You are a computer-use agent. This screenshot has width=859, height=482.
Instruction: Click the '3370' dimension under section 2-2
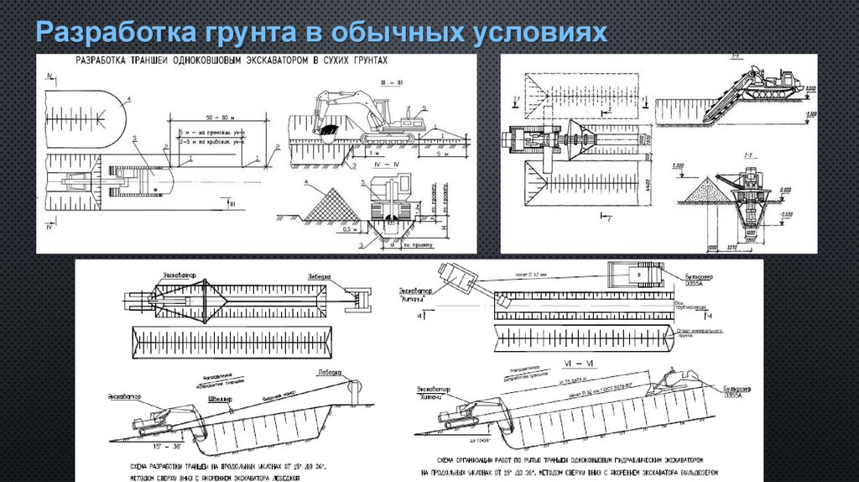(x=731, y=248)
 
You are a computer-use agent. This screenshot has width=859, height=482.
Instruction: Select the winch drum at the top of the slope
(x=355, y=388)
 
